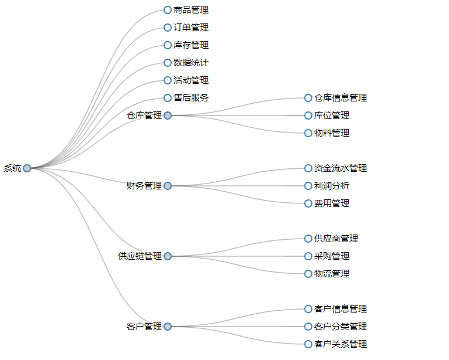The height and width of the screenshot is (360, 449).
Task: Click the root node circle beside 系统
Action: pyautogui.click(x=27, y=168)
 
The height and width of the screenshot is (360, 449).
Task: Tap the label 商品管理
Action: pyautogui.click(x=191, y=10)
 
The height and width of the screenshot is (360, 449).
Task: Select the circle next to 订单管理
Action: pyautogui.click(x=168, y=28)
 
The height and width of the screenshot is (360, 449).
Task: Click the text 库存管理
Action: pyautogui.click(x=191, y=45)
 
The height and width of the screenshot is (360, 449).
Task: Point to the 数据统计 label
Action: pyautogui.click(x=191, y=63)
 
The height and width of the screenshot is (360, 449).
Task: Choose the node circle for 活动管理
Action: pyautogui.click(x=168, y=80)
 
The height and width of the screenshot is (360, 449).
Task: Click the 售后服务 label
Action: pyautogui.click(x=191, y=98)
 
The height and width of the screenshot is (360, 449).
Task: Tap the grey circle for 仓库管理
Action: pyautogui.click(x=168, y=116)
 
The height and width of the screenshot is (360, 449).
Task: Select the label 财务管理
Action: pyautogui.click(x=144, y=186)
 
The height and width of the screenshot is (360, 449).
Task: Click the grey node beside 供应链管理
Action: pyautogui.click(x=168, y=256)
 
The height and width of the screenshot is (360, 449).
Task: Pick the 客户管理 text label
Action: pyautogui.click(x=144, y=327)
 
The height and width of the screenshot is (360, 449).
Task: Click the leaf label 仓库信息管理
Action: pyautogui.click(x=340, y=98)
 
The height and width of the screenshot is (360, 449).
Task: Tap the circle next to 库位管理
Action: pyautogui.click(x=308, y=116)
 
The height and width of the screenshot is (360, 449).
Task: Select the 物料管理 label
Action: pyautogui.click(x=331, y=133)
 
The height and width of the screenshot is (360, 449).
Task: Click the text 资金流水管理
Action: pyautogui.click(x=340, y=168)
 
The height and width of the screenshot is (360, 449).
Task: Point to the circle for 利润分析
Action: pyautogui.click(x=308, y=186)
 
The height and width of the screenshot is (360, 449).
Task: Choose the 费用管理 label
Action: pyautogui.click(x=331, y=203)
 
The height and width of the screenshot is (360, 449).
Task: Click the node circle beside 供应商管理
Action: pyautogui.click(x=308, y=239)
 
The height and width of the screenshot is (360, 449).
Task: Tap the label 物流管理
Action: pyautogui.click(x=331, y=274)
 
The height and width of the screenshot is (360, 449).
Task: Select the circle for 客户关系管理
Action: pyautogui.click(x=308, y=344)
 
